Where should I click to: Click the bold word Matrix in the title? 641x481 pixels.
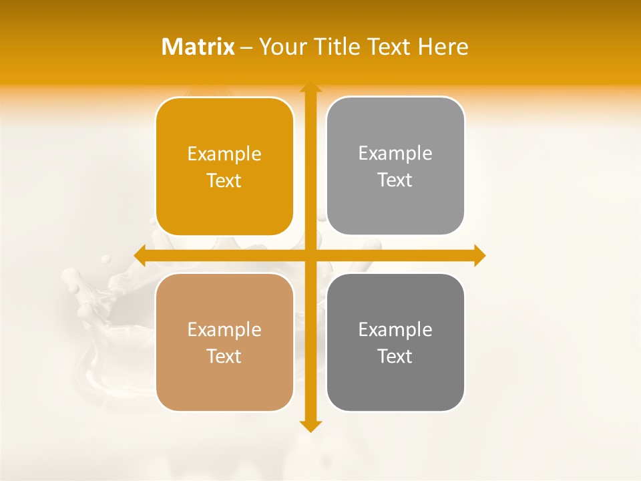[198, 47]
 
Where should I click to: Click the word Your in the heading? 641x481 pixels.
[281, 47]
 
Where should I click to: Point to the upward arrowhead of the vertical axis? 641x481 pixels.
[310, 88]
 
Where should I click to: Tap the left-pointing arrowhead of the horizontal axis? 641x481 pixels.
[140, 255]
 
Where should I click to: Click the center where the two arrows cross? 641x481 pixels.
[310, 255]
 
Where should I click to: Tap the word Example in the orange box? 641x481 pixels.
[224, 154]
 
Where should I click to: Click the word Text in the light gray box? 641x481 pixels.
[395, 180]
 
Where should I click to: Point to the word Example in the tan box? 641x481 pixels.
[224, 330]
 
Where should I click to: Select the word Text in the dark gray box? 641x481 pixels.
[395, 356]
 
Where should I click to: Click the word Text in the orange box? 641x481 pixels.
[224, 181]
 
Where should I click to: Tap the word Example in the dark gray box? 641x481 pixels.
[395, 330]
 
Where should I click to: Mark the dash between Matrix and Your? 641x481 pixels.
[246, 47]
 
